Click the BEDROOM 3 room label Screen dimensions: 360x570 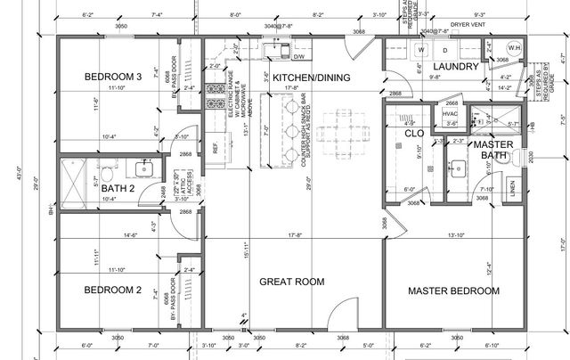click(114, 78)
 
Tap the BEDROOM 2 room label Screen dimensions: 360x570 click(114, 290)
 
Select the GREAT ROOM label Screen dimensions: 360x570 click(290, 282)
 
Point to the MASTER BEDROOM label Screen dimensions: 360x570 click(453, 290)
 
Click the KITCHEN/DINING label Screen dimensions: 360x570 click(311, 78)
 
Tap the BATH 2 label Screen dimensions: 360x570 click(117, 189)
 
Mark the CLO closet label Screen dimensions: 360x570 click(413, 134)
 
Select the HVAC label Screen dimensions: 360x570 click(451, 114)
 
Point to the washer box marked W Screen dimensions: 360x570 click(421, 51)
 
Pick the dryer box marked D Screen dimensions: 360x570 click(445, 51)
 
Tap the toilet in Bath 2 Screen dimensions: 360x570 click(105, 174)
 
